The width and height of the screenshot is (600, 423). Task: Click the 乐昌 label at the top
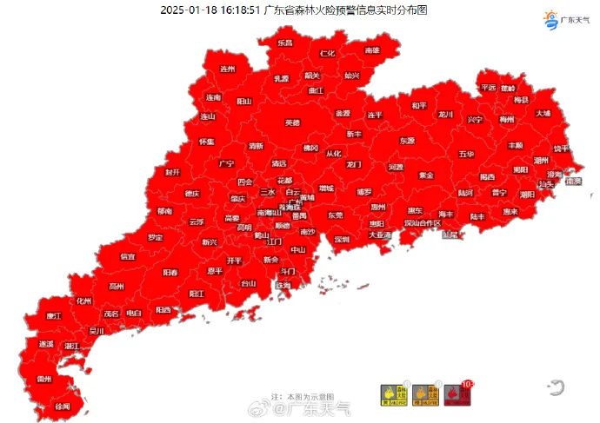coord(285,43)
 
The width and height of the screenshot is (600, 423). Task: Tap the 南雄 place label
coord(372,51)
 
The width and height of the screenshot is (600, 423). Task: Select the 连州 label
coord(228,69)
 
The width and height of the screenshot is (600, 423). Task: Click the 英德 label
coord(293,122)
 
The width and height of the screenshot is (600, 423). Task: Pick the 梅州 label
coord(507,119)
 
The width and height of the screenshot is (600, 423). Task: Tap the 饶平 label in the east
coord(562,149)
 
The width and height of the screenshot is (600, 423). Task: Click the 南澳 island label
coord(572,182)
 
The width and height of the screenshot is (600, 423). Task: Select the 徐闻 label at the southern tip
coord(63,406)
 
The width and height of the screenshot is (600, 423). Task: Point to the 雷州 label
coord(44,380)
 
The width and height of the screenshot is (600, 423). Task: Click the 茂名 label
coord(110,314)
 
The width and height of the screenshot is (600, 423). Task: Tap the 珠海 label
coord(283,285)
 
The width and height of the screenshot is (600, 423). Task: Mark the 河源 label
coord(396,167)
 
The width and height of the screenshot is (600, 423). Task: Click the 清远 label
coord(278,163)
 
